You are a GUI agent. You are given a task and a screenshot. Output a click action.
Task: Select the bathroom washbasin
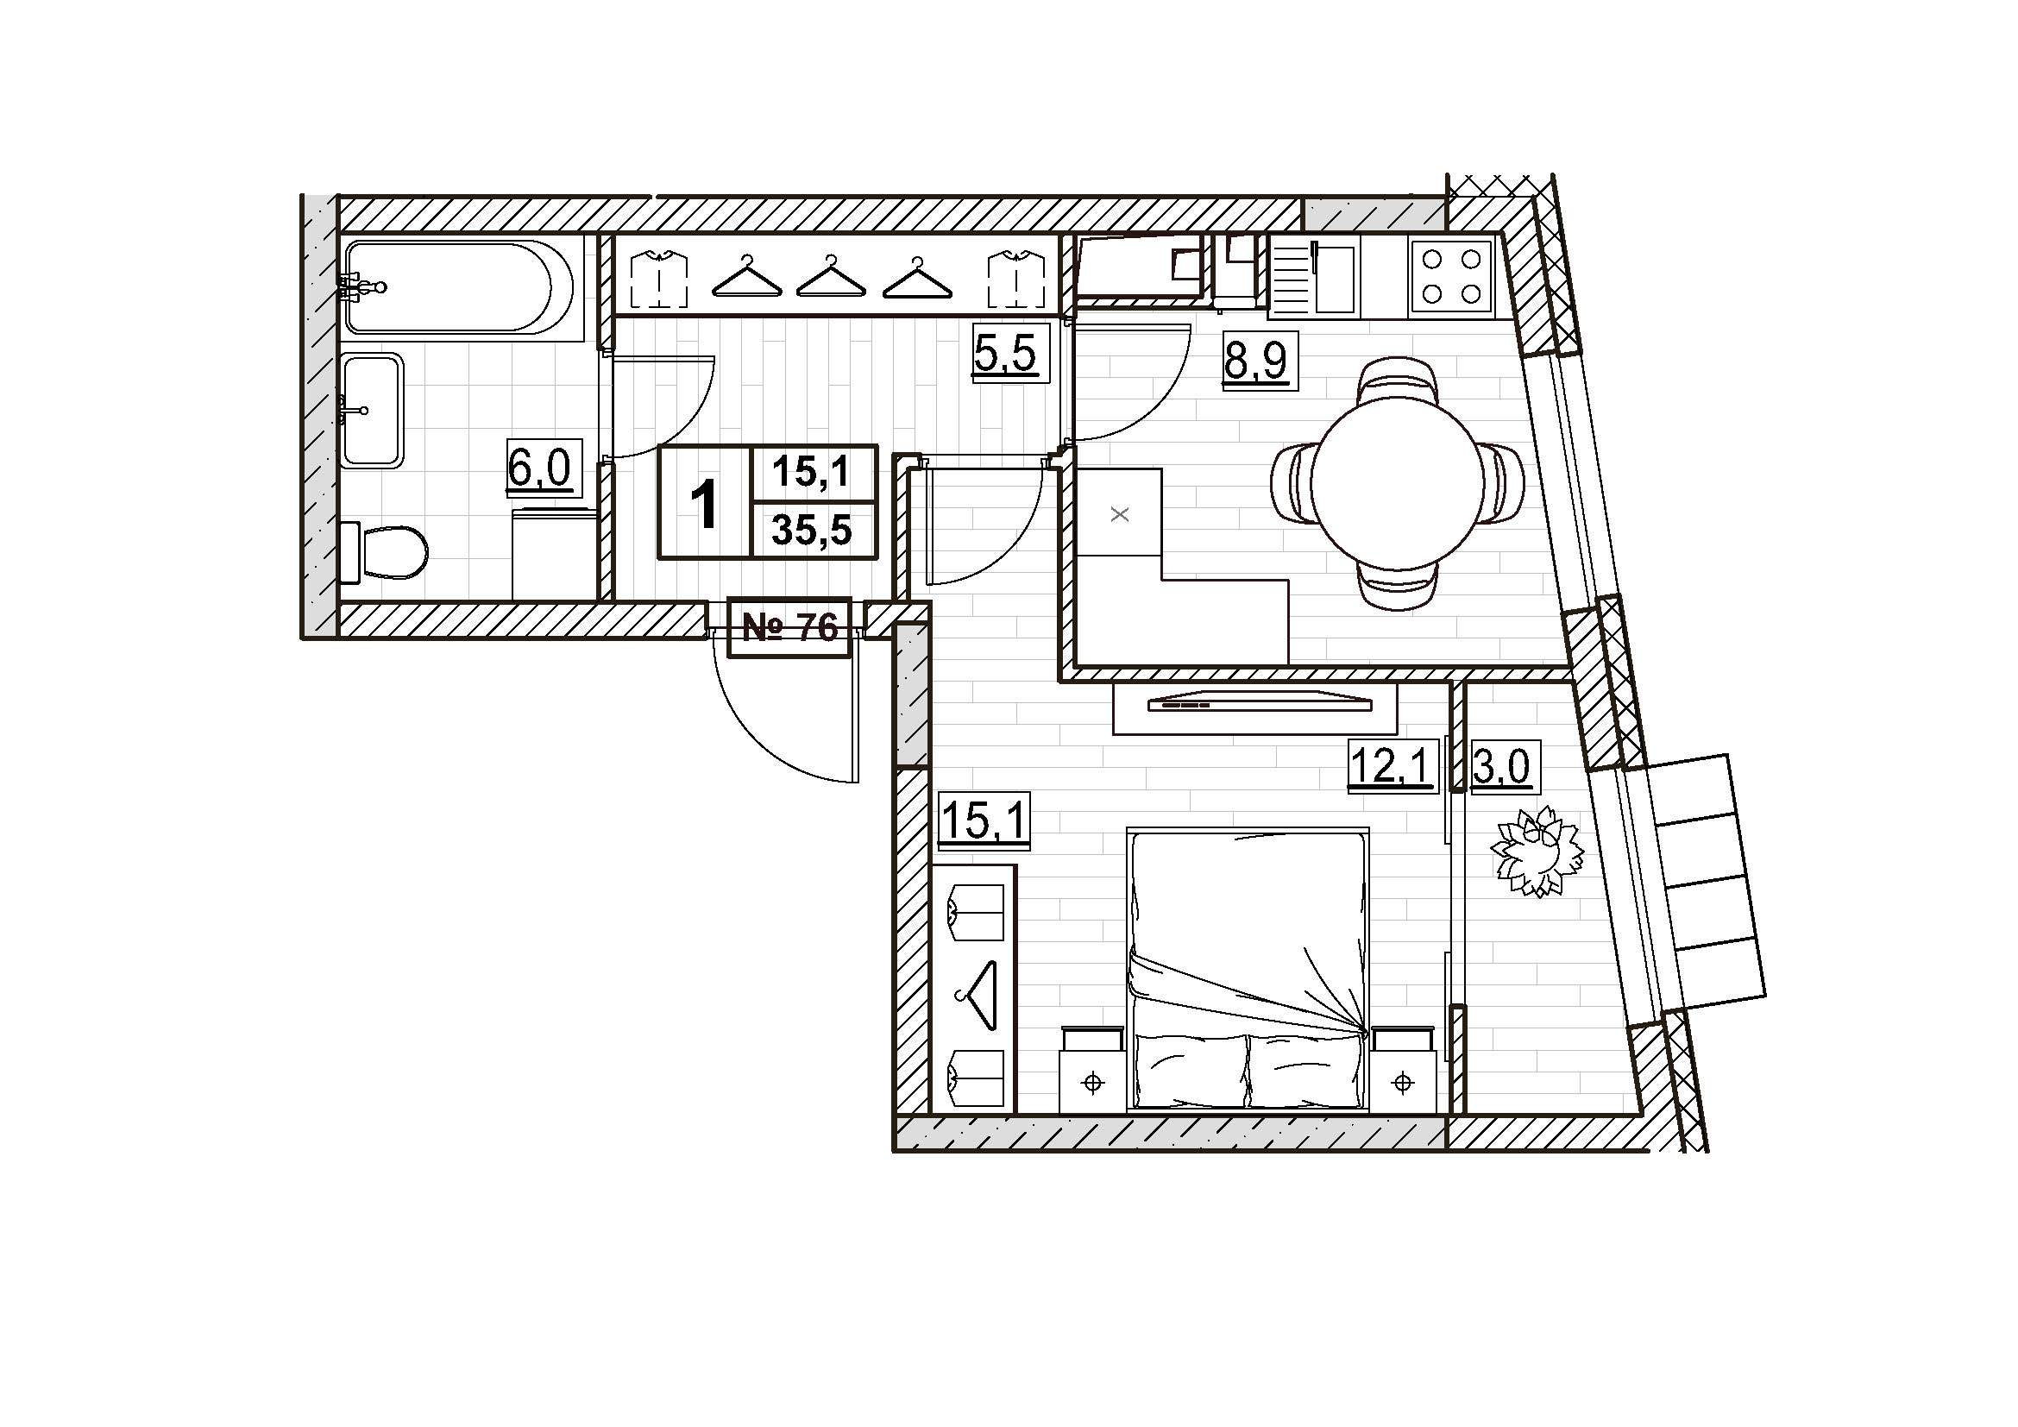click(373, 410)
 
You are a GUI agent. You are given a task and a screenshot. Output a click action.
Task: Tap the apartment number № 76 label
click(790, 627)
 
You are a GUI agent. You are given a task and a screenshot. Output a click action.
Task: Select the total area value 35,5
click(812, 530)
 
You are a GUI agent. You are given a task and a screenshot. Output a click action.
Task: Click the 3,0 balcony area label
click(1501, 768)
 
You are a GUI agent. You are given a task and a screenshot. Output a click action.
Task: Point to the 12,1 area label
click(1393, 764)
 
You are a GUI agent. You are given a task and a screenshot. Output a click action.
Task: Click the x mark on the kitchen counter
click(1120, 515)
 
